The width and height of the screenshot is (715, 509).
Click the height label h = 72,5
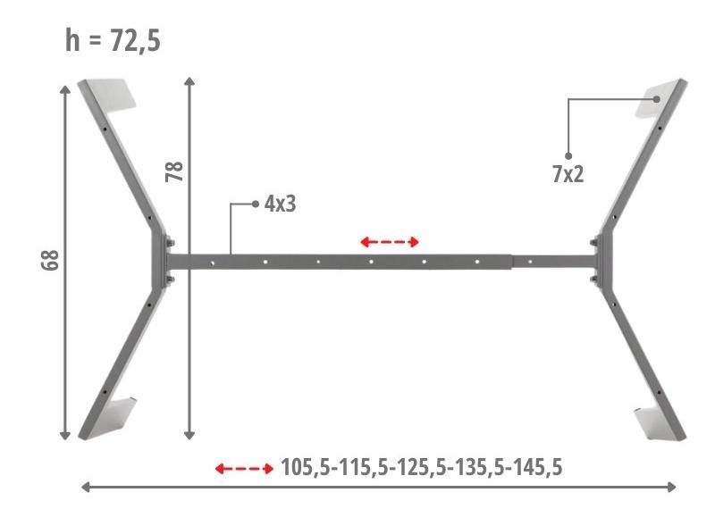tap(113, 41)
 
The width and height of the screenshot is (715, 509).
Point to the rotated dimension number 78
tap(174, 171)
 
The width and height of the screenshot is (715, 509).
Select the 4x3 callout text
tap(280, 204)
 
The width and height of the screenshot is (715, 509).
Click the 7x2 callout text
tap(568, 174)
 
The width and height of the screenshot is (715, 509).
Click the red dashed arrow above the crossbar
tap(390, 242)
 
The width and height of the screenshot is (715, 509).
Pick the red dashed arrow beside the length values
tap(244, 469)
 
